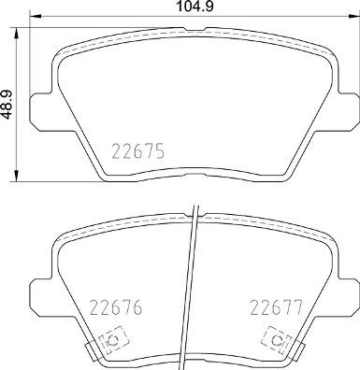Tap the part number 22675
click(x=137, y=150)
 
